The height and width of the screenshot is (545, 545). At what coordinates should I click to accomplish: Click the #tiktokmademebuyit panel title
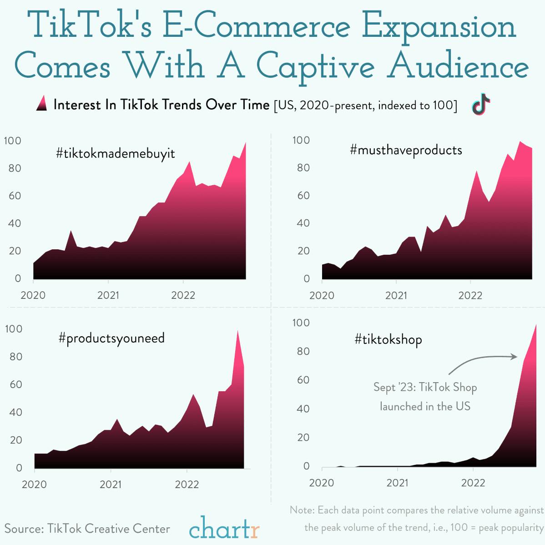click(116, 153)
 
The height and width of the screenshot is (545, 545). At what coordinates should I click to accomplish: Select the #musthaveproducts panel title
click(406, 150)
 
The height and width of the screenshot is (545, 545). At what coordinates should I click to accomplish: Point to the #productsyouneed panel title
click(111, 338)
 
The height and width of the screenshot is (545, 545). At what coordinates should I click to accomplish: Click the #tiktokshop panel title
click(388, 339)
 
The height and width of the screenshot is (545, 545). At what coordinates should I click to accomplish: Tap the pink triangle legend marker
click(41, 104)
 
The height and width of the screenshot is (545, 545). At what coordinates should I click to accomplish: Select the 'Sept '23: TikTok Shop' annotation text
click(425, 388)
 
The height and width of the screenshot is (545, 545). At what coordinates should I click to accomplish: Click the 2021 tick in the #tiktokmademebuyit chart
click(108, 295)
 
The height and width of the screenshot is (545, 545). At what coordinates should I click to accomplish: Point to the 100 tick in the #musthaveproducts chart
click(301, 140)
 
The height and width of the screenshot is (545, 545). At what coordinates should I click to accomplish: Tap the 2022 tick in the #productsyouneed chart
click(187, 484)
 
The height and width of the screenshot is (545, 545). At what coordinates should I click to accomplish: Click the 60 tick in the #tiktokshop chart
click(300, 380)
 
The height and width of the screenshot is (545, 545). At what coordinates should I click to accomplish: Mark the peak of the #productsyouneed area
click(237, 331)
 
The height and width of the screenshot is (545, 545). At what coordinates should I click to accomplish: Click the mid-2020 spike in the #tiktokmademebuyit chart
click(71, 231)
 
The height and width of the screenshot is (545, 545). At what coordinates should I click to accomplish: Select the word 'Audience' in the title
click(458, 67)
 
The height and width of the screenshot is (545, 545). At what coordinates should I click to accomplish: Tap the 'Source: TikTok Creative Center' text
click(87, 529)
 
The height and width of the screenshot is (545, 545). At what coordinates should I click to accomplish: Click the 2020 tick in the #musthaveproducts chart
click(322, 295)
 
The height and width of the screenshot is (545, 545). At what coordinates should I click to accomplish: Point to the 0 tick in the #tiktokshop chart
click(306, 466)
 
